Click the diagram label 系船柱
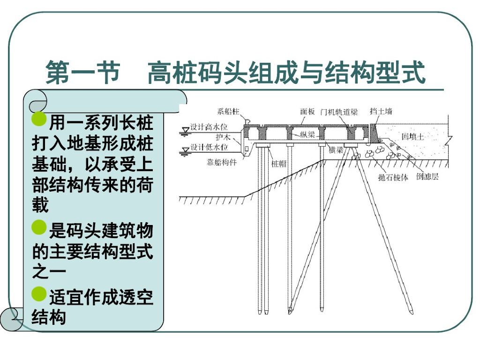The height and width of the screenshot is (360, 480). coord(228,112)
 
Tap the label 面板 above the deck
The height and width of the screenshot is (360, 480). coord(307,112)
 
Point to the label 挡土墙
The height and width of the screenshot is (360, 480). coord(381,111)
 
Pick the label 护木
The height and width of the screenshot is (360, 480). coord(223,137)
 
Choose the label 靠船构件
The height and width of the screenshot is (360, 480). coord(222,163)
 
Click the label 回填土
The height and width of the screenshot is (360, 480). coord(412,136)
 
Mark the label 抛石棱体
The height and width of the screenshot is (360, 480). coord(393,178)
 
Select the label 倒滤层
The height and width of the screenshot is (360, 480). coord(427,177)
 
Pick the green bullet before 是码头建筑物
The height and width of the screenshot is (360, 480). coord(39,227)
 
